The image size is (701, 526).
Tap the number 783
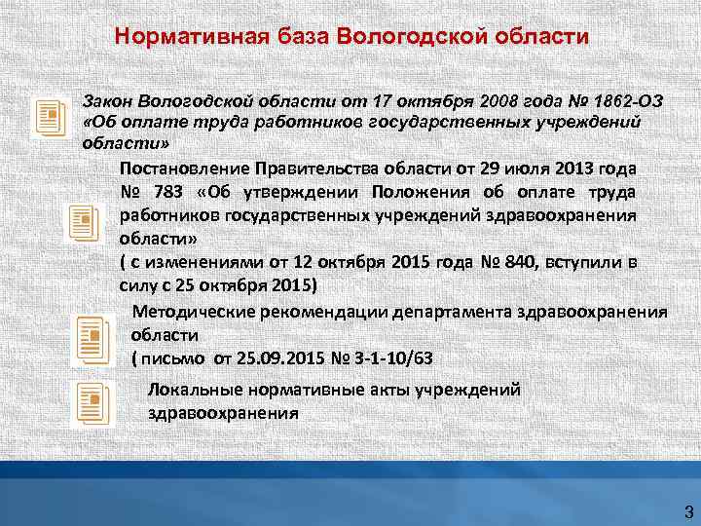click(x=167, y=191)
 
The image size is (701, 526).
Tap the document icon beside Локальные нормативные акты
click(x=90, y=403)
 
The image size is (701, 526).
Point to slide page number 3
click(x=687, y=510)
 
